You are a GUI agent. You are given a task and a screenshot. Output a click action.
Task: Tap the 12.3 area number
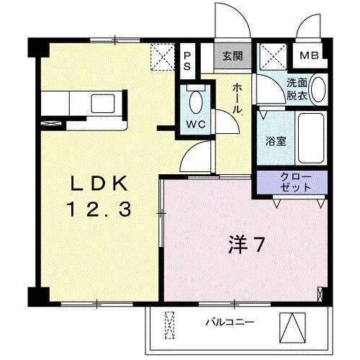pyautogui.click(x=99, y=210)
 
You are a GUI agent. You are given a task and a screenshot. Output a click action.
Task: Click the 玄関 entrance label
pyautogui.click(x=231, y=55)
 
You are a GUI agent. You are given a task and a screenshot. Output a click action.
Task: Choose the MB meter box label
pyautogui.click(x=310, y=55)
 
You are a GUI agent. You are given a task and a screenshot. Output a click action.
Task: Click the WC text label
pyautogui.click(x=196, y=124)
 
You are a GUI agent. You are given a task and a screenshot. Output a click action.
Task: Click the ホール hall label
pyautogui.click(x=238, y=99)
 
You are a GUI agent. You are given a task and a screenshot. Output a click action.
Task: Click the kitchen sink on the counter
pyautogui.click(x=98, y=102)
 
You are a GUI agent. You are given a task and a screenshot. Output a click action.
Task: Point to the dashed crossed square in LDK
pyautogui.click(x=161, y=57)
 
